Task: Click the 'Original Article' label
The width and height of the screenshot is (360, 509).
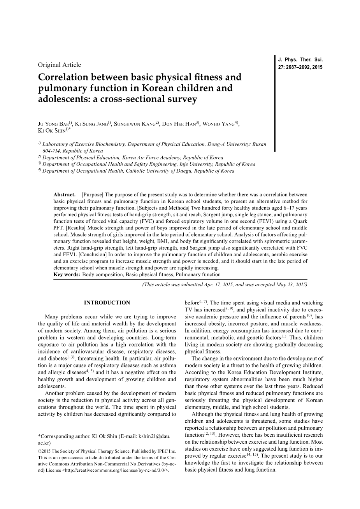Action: pyautogui.click(x=60, y=65)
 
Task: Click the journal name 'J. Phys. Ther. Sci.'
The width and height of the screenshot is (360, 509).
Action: pyautogui.click(x=300, y=60)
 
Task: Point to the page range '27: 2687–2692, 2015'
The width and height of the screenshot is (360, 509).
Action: pyautogui.click(x=300, y=67)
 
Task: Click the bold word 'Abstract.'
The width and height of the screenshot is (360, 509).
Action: pyautogui.click(x=65, y=194)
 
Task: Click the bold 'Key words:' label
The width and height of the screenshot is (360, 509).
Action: pyautogui.click(x=67, y=275)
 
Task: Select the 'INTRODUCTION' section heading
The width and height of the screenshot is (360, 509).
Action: pyautogui.click(x=107, y=303)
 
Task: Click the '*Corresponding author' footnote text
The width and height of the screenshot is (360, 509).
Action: pyautogui.click(x=64, y=436)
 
